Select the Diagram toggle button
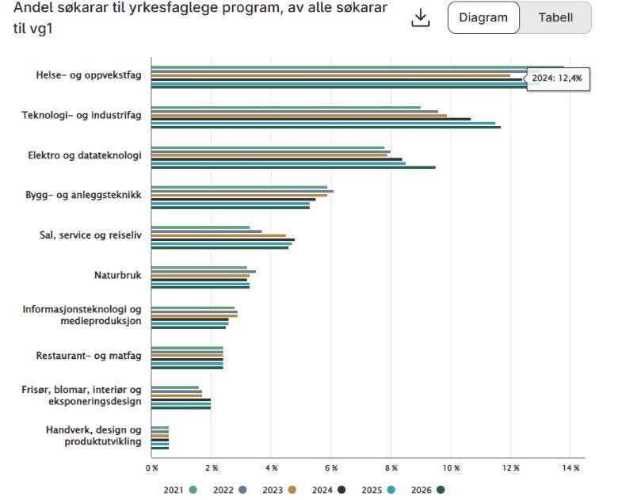click(x=483, y=17)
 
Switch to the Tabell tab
click(x=555, y=17)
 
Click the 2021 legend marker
click(x=193, y=490)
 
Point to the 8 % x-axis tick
click(x=391, y=468)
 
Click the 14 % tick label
click(x=571, y=468)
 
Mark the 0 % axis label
click(x=151, y=468)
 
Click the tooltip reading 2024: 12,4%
click(x=558, y=78)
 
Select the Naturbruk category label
click(x=117, y=275)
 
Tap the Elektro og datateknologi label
click(x=84, y=155)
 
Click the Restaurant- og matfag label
click(x=89, y=356)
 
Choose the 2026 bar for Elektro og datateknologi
click(x=293, y=167)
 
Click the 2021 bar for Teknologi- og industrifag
click(x=286, y=107)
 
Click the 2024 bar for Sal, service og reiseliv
click(x=223, y=239)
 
